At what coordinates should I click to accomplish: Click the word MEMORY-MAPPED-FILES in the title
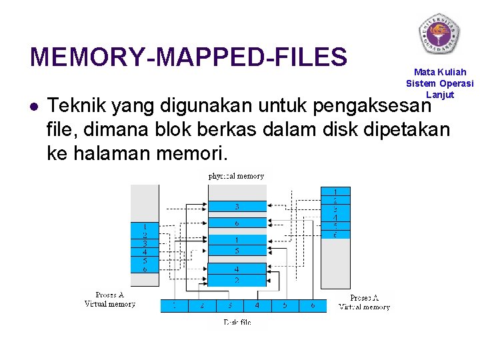pyautogui.click(x=189, y=57)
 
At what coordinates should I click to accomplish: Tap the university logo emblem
pyautogui.click(x=439, y=33)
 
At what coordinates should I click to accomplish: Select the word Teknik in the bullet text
pyautogui.click(x=79, y=106)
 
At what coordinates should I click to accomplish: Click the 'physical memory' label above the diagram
pyautogui.click(x=236, y=176)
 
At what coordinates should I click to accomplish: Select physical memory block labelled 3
pyautogui.click(x=237, y=207)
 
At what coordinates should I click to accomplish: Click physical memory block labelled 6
pyautogui.click(x=237, y=223)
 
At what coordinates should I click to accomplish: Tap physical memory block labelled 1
pyautogui.click(x=237, y=239)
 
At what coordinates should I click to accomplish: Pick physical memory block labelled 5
pyautogui.click(x=237, y=251)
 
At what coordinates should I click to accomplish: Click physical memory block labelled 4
pyautogui.click(x=237, y=269)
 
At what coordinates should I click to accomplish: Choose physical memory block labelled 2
pyautogui.click(x=237, y=280)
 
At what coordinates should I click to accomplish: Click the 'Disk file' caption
pyautogui.click(x=237, y=323)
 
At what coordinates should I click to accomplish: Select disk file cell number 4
pyautogui.click(x=257, y=306)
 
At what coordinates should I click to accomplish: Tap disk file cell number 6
pyautogui.click(x=313, y=306)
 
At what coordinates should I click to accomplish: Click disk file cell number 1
pyautogui.click(x=175, y=306)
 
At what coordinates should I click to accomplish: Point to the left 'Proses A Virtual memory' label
pyautogui.click(x=110, y=299)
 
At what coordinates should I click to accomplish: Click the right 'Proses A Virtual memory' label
pyautogui.click(x=365, y=302)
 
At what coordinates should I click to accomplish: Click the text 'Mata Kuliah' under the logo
pyautogui.click(x=440, y=72)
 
